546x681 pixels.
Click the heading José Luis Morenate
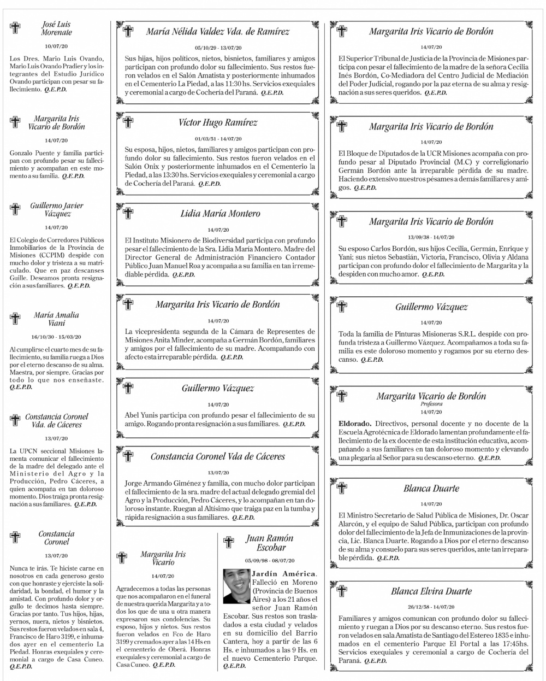[56, 28]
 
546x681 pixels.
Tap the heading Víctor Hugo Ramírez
[218, 122]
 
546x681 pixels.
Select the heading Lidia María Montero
[220, 214]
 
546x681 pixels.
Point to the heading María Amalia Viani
[56, 319]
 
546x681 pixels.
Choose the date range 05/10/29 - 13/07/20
[218, 48]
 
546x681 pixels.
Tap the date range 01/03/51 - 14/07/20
[218, 139]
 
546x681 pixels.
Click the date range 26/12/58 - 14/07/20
[431, 607]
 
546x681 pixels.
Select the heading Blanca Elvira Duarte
[431, 591]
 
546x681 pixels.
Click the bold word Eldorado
[355, 423]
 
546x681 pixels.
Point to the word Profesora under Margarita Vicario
[431, 404]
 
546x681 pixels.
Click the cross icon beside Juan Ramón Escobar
[229, 542]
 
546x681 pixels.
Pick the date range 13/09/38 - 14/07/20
[431, 237]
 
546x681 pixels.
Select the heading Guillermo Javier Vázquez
[57, 209]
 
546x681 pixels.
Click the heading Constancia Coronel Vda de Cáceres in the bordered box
[218, 456]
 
